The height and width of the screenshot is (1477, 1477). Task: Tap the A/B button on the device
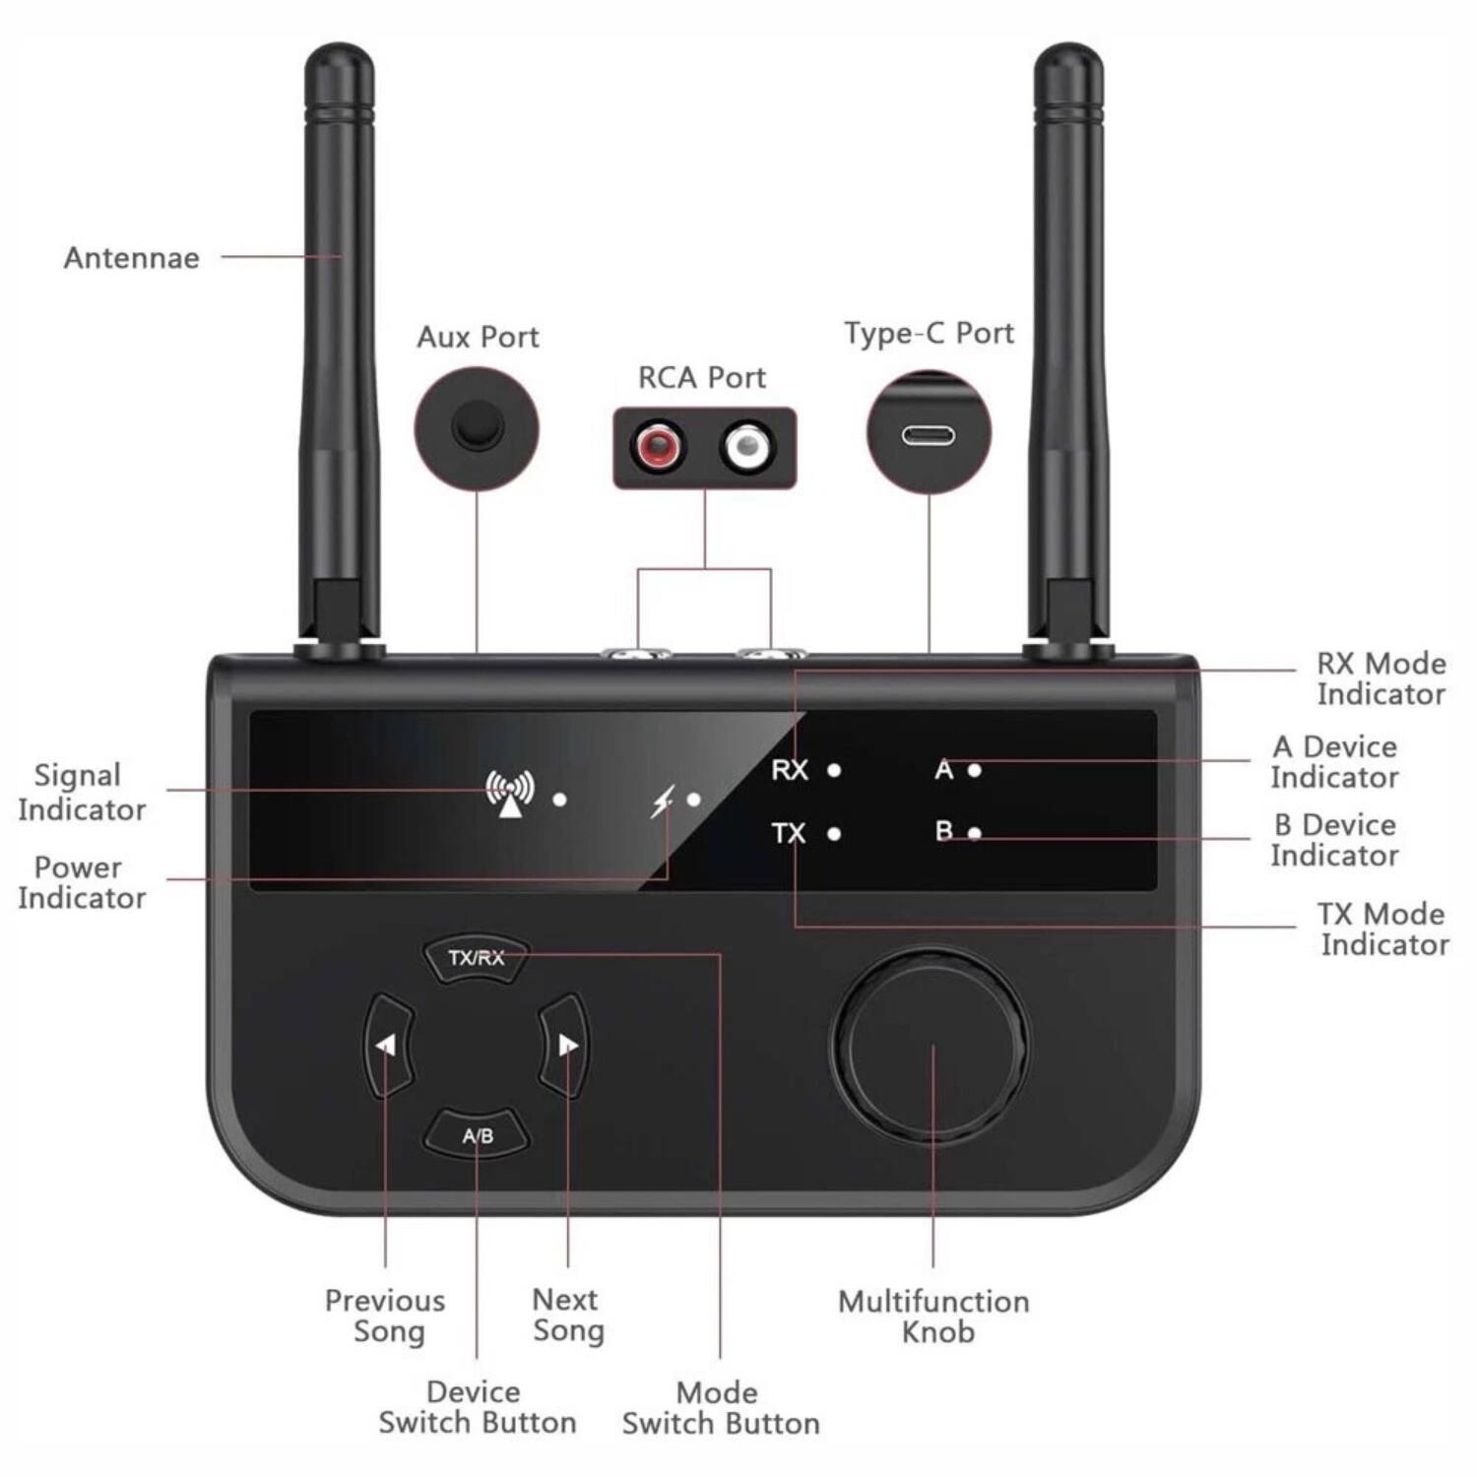point(478,1135)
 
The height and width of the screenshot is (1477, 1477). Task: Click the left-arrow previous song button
point(388,1045)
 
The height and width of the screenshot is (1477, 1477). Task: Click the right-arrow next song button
point(566,1045)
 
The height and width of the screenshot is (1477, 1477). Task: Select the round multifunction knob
point(931,1046)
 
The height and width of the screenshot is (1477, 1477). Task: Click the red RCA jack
point(658,447)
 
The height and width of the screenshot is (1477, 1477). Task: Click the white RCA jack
point(747,447)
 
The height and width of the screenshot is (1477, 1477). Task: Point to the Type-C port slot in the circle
point(928,434)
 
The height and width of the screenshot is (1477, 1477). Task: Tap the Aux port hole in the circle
point(478,426)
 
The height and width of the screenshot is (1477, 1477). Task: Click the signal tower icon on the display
point(509,794)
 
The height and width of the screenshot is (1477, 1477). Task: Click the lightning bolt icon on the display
point(663,802)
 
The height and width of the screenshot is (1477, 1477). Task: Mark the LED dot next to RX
point(834,770)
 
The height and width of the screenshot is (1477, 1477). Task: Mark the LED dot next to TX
point(834,834)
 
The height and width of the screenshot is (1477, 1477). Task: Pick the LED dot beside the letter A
point(974,770)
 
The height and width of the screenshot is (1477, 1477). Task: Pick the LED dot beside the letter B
point(974,834)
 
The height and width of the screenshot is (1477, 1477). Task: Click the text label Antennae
point(131,258)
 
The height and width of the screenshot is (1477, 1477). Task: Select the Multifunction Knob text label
point(933,1316)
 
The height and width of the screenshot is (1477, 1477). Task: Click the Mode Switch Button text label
point(720,1408)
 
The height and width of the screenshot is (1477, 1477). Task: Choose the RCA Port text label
point(701,378)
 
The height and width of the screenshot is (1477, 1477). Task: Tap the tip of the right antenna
point(1068,54)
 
